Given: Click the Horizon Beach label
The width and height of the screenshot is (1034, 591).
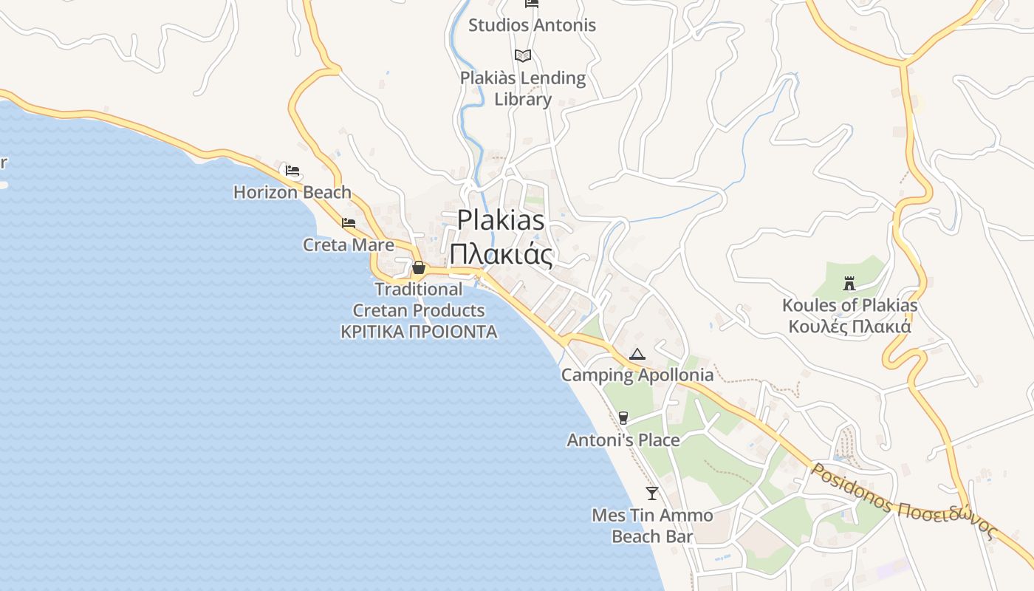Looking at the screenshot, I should tap(292, 192).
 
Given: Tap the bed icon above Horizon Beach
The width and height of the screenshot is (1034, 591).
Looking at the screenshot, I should tap(292, 171).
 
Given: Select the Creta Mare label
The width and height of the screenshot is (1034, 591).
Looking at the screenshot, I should tap(348, 245).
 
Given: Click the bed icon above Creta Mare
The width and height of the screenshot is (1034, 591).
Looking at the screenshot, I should tap(349, 222).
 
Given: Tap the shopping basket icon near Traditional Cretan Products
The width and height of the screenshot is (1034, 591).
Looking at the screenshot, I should tap(419, 267).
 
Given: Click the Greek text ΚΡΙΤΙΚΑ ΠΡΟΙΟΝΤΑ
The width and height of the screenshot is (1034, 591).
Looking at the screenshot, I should tap(419, 332).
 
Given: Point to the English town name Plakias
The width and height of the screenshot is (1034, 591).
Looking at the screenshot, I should tap(501, 220).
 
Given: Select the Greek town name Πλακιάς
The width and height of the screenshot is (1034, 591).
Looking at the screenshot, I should tap(501, 254).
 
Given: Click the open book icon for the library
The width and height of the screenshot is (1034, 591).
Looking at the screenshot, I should tap(523, 55).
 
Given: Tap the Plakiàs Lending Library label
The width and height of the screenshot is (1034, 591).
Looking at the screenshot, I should tap(523, 89).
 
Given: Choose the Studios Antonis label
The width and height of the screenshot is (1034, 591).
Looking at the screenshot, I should tap(532, 25).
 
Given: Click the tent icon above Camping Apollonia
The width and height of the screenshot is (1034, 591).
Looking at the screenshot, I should tap(637, 354).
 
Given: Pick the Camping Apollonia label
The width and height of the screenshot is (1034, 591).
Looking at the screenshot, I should tap(637, 375).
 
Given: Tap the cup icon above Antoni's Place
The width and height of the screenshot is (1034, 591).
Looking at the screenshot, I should tap(623, 418).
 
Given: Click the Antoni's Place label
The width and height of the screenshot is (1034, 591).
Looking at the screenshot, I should tap(623, 440).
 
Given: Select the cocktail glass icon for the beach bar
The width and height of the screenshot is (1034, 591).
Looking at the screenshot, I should tap(652, 493).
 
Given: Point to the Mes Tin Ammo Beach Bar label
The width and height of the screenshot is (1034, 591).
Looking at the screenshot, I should tap(652, 526).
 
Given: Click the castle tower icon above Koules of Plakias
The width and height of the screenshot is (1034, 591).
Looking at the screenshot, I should tap(849, 283).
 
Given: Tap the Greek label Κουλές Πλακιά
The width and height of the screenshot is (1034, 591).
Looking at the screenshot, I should tap(849, 327).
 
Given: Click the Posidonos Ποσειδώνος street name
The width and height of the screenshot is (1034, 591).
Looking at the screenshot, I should tap(905, 502).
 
